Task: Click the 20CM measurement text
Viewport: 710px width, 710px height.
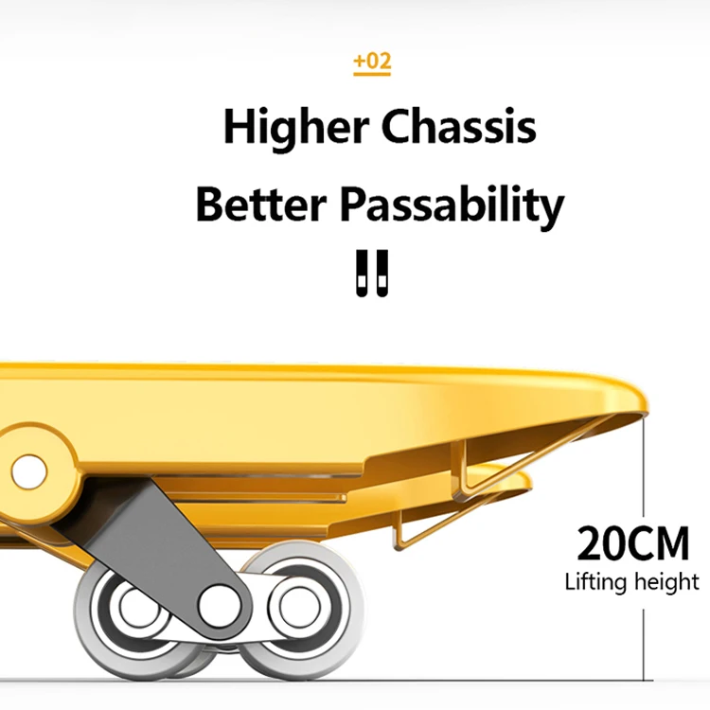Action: (x=633, y=544)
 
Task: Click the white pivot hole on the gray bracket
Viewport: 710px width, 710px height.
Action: (x=217, y=600)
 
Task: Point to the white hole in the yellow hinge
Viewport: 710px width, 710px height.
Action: (x=28, y=470)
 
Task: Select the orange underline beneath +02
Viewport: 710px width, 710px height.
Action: (x=371, y=75)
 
